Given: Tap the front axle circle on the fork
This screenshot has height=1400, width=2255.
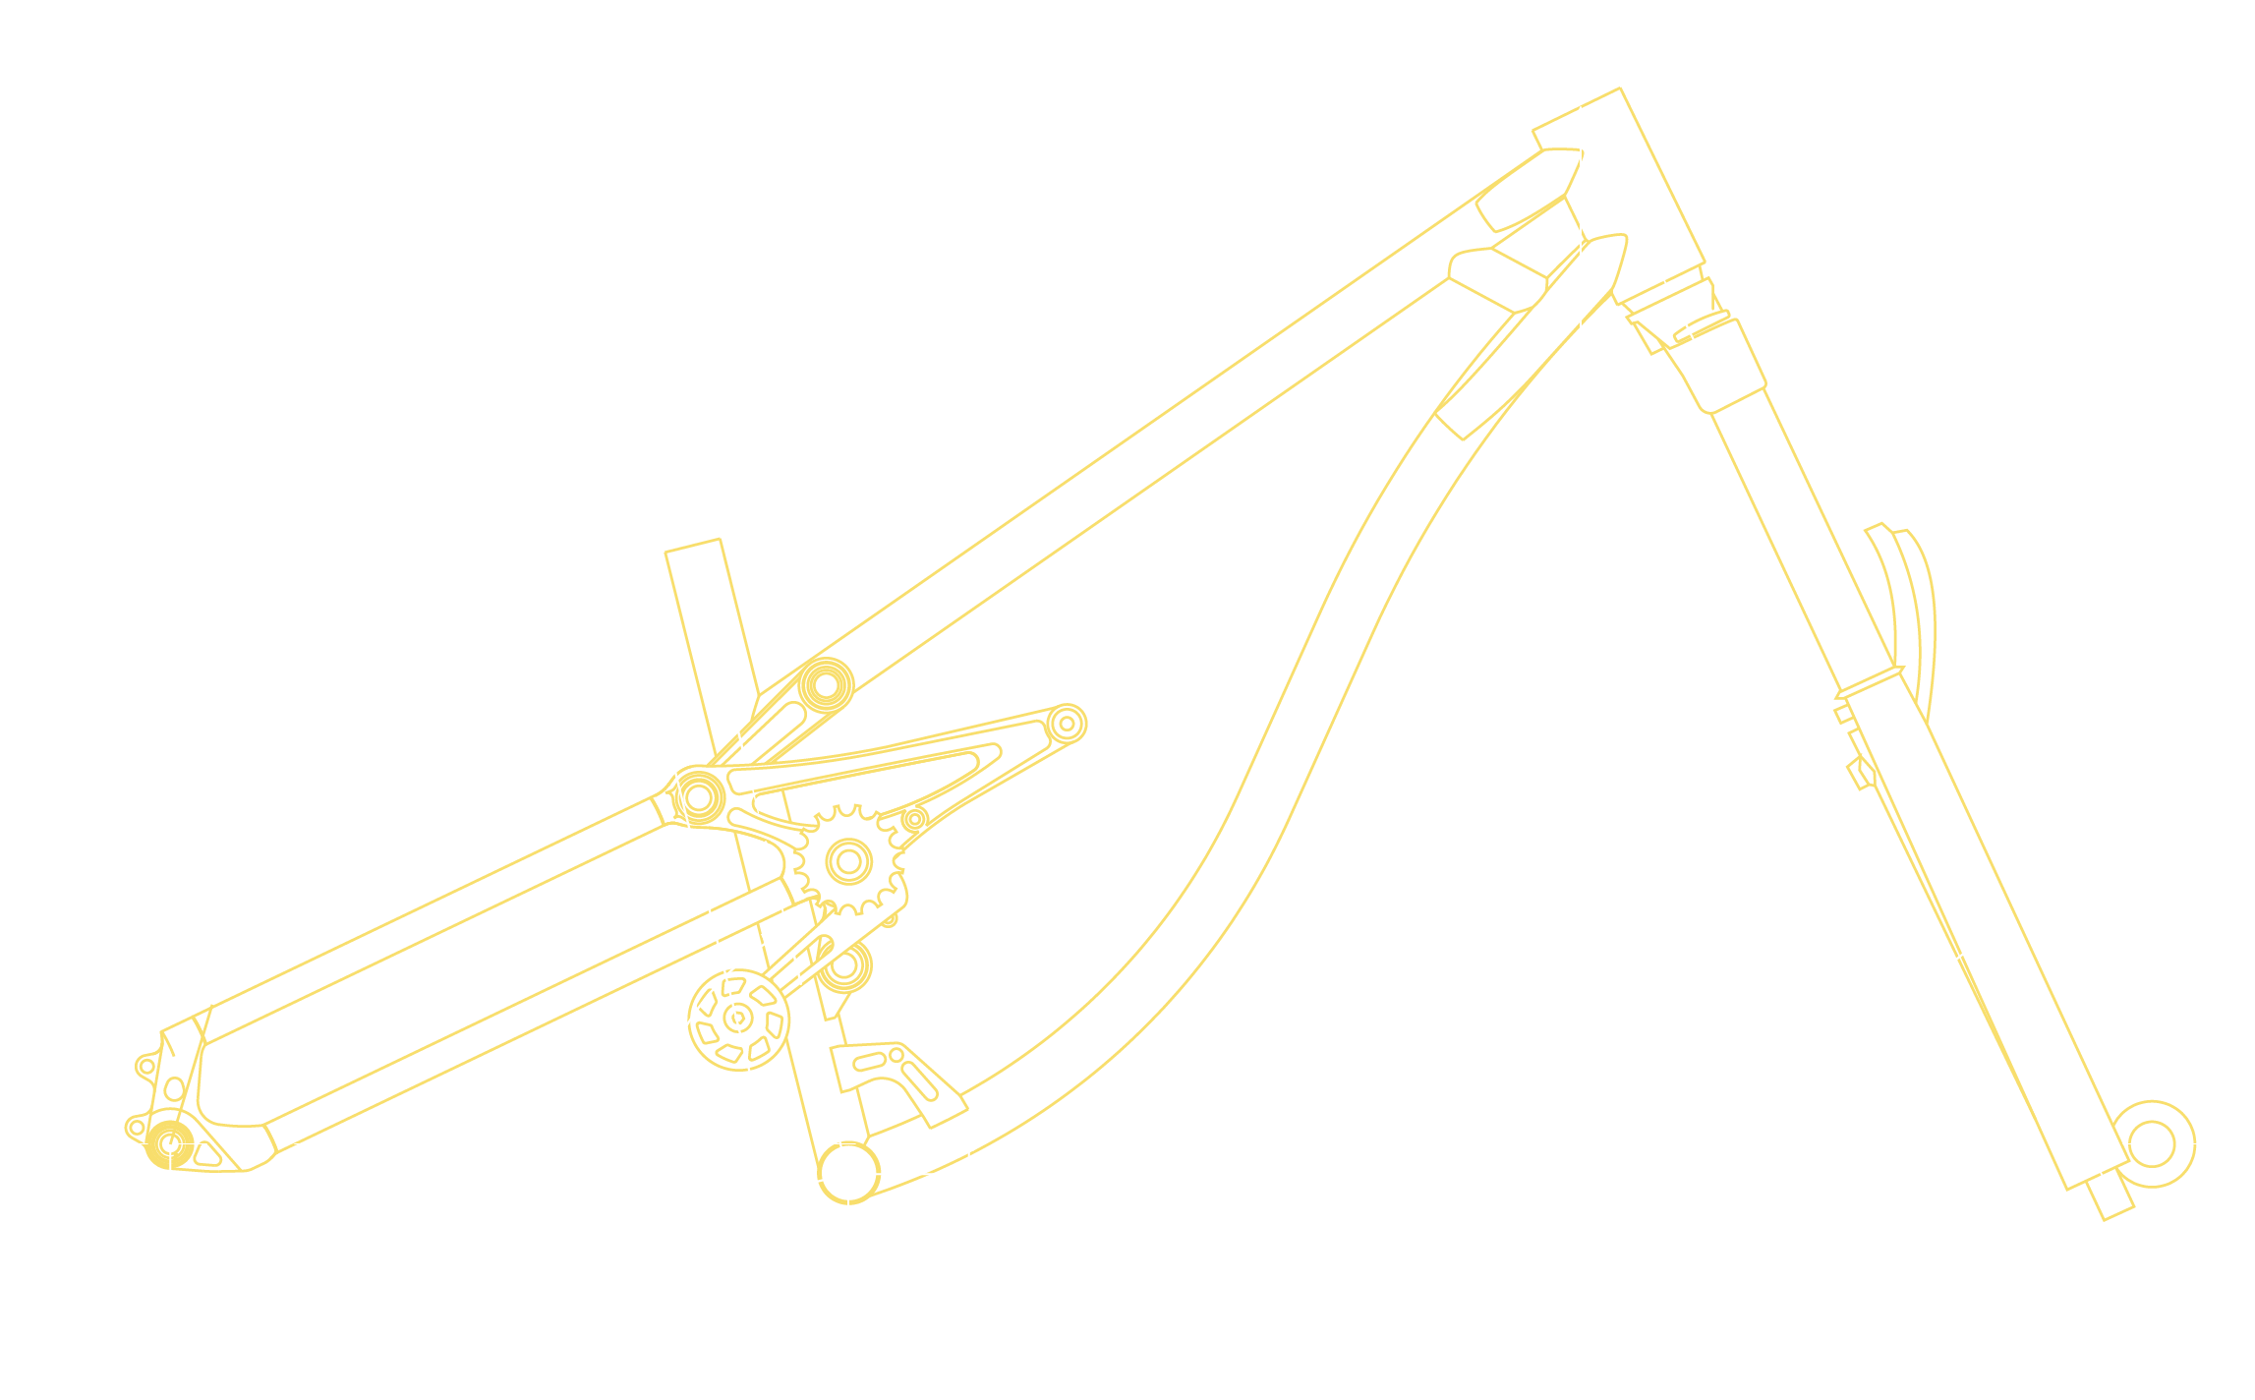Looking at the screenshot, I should pos(2151,1144).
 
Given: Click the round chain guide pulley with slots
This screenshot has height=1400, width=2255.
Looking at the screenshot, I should pos(738,1020).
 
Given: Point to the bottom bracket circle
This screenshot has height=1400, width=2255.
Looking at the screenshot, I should pos(848,1172).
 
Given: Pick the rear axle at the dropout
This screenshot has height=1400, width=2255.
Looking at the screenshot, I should pos(169,1144).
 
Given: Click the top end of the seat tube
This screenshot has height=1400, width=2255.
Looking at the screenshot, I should pos(694,547).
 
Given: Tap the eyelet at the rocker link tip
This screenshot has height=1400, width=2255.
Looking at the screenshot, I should pos(1067,724).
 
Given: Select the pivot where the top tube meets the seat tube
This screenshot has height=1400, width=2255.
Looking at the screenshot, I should pos(826,684).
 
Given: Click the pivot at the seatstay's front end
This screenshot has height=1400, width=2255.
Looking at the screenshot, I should pos(699,796).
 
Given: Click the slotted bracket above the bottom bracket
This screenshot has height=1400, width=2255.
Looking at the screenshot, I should pos(896,1077).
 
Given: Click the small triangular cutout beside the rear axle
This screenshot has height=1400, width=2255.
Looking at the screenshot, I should pos(205,1153).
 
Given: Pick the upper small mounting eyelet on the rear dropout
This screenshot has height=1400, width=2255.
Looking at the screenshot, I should pos(146,1066).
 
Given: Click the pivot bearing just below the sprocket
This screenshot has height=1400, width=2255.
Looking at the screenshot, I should pos(844,966).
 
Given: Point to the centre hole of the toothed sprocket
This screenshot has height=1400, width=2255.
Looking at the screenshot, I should pos(849,862).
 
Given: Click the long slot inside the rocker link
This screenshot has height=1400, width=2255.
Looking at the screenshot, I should pos(865,767).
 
